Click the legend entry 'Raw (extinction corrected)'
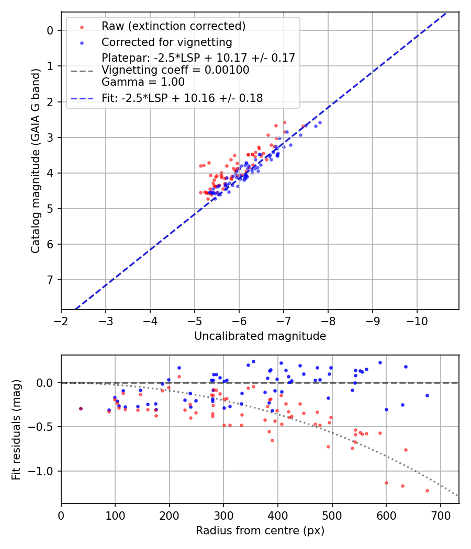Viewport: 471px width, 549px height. pyautogui.click(x=173, y=26)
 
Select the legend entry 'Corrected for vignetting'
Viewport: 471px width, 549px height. pyautogui.click(x=166, y=42)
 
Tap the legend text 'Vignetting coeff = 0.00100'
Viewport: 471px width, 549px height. pyautogui.click(x=176, y=70)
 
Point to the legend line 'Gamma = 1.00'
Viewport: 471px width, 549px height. pyautogui.click(x=143, y=82)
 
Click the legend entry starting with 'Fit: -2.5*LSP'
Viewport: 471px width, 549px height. pyautogui.click(x=182, y=98)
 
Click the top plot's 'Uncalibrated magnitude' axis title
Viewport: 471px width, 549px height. pyautogui.click(x=260, y=336)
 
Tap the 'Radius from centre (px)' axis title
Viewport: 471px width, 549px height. pyautogui.click(x=260, y=531)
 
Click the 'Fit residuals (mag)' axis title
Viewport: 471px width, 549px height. pyautogui.click(x=16, y=429)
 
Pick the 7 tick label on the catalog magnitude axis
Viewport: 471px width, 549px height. pyautogui.click(x=50, y=280)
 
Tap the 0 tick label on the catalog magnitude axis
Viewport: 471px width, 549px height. pyautogui.click(x=50, y=30)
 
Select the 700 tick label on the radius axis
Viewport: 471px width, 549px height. pyautogui.click(x=440, y=515)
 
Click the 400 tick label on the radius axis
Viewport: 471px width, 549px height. pyautogui.click(x=278, y=515)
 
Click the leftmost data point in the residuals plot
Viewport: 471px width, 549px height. pyautogui.click(x=81, y=408)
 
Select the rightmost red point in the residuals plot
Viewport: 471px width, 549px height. pyautogui.click(x=427, y=490)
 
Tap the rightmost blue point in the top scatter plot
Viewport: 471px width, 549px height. pyautogui.click(x=320, y=122)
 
